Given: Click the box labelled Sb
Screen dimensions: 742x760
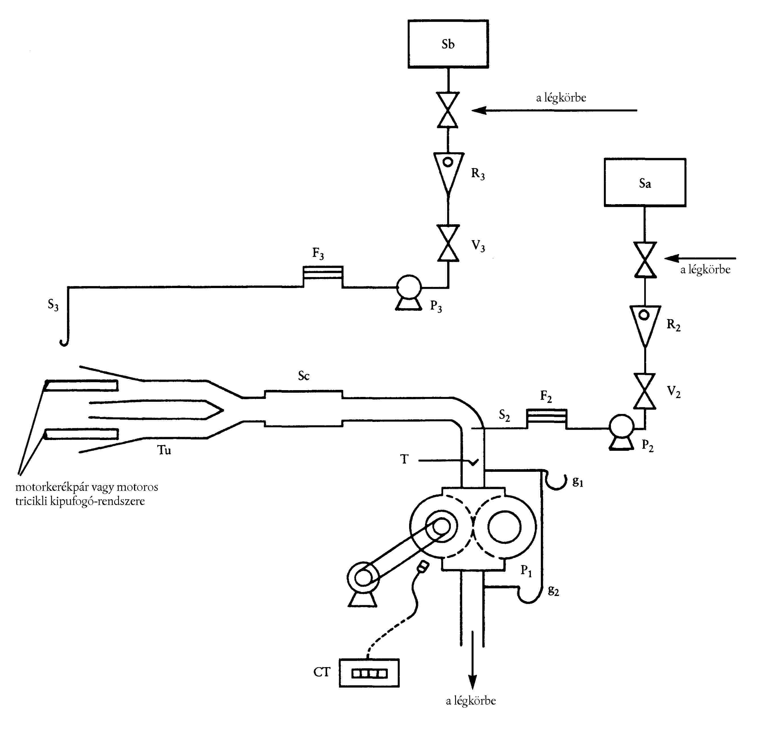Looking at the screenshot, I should pos(448,44).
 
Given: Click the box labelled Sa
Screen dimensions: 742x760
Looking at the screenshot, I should pos(644,182).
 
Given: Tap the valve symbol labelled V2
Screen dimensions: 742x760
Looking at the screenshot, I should pos(645,391).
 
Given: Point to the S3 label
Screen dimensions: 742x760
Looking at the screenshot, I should pos(53,305).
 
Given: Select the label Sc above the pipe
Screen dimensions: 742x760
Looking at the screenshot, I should pos(303,376).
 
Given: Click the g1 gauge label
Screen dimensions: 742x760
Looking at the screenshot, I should pos(577,482).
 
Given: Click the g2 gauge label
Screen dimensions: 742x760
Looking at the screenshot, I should pos(553,591).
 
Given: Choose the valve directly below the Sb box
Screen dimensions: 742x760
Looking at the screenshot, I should pos(448,110).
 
